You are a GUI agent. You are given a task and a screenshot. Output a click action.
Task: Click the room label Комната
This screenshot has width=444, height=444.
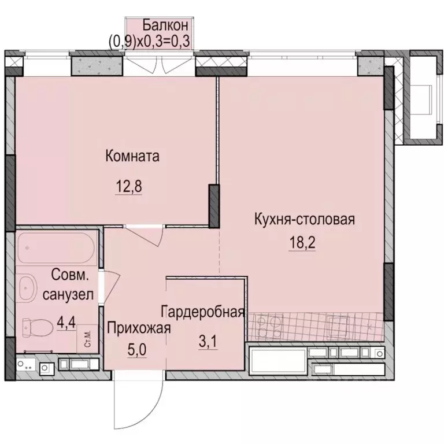(132, 156)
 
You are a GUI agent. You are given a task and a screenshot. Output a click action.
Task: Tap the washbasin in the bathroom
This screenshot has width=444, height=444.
(28, 287)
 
